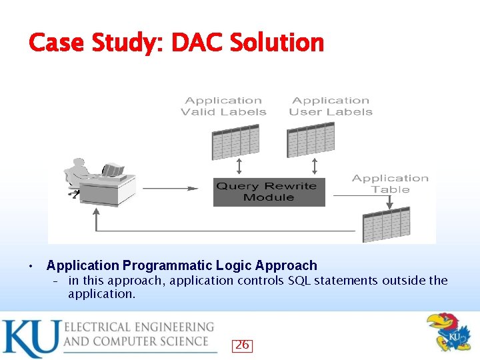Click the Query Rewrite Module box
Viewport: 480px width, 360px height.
(x=269, y=192)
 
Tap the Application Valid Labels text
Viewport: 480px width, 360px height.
(x=223, y=106)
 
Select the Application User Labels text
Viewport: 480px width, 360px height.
(x=331, y=106)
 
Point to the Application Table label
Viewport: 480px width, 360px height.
(x=390, y=183)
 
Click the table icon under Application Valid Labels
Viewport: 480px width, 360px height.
(x=235, y=141)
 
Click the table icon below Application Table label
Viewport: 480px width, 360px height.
(x=386, y=224)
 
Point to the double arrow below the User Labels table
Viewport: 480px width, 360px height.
(x=315, y=165)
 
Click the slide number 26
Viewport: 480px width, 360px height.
(x=242, y=345)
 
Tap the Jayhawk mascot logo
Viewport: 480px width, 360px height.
(x=447, y=333)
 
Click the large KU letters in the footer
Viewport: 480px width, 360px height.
(x=30, y=339)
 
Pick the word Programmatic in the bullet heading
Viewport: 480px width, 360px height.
(x=153, y=265)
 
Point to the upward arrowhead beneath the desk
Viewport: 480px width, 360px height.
(x=97, y=213)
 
